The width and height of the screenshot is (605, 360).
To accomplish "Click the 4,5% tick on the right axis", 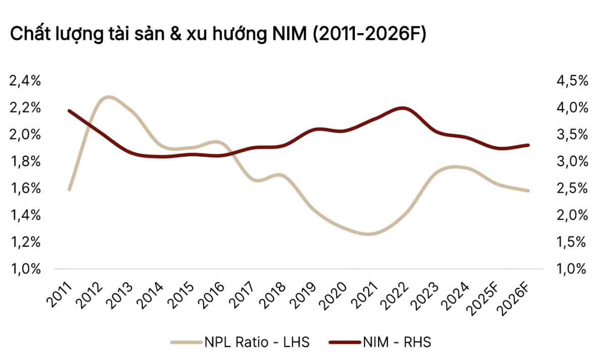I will (x=573, y=81).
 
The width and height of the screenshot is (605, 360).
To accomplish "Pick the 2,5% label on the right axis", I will (x=573, y=189).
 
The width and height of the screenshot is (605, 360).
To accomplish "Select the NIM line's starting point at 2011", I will (x=69, y=111).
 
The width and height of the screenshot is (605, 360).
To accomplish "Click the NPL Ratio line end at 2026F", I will (x=528, y=191).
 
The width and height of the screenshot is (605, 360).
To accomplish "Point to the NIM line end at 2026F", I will (x=528, y=145).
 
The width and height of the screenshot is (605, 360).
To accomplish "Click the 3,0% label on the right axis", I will (x=573, y=162).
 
